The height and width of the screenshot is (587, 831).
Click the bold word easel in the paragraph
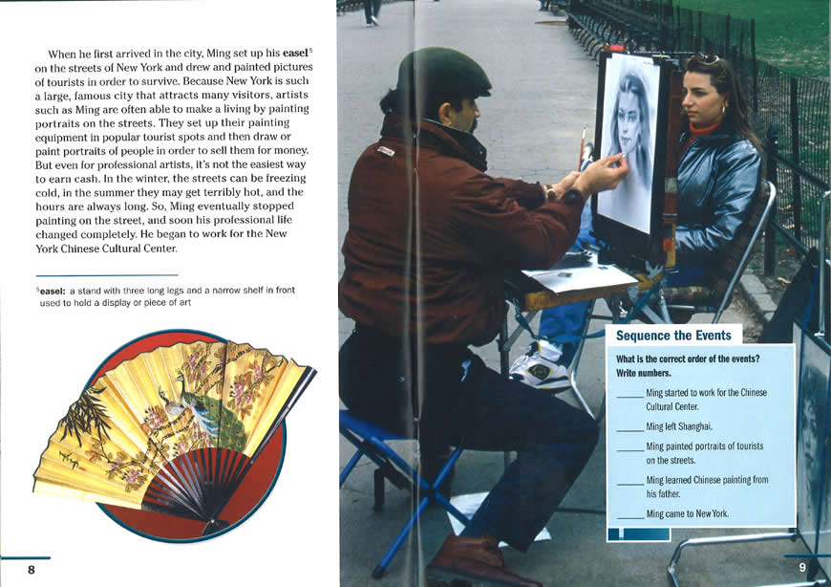(295, 53)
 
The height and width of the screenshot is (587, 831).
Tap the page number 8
(32, 570)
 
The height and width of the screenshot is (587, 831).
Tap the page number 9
(802, 567)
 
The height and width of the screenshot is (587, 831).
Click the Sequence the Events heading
(673, 336)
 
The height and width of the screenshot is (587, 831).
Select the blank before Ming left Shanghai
(630, 430)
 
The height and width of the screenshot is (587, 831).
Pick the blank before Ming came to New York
(630, 517)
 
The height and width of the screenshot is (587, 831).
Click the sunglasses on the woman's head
(707, 58)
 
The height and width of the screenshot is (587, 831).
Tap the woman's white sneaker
(541, 367)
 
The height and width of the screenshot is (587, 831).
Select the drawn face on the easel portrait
(629, 126)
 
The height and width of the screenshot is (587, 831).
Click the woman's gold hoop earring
(723, 110)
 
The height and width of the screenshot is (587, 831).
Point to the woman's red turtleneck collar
(704, 129)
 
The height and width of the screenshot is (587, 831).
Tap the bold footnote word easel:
(53, 291)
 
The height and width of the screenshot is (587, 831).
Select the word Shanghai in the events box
(695, 426)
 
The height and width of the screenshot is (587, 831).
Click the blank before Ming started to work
(630, 396)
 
